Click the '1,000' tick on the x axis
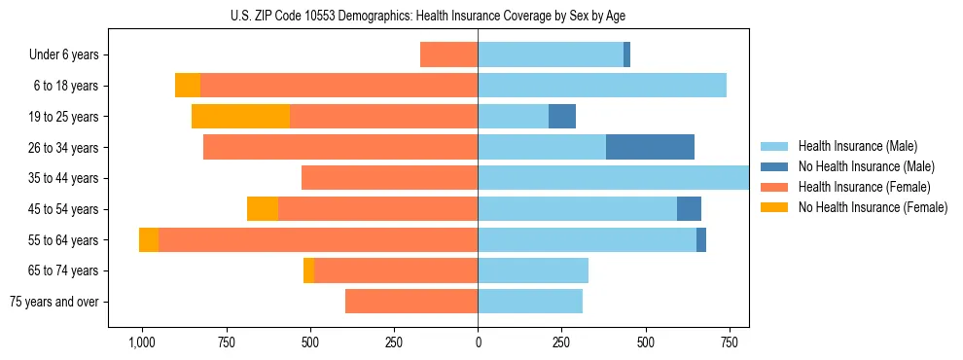[x=142, y=342]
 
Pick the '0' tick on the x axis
[x=478, y=342]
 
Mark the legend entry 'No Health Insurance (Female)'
[x=866, y=207]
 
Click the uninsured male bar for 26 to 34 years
[x=650, y=147]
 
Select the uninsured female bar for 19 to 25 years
[x=240, y=117]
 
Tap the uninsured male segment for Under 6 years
[x=626, y=54]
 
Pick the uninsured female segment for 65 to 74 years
[x=308, y=270]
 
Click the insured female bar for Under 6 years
[x=448, y=54]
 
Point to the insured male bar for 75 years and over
[x=530, y=302]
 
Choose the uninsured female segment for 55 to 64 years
[x=149, y=240]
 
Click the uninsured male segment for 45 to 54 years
[x=689, y=209]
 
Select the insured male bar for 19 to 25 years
[x=513, y=117]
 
